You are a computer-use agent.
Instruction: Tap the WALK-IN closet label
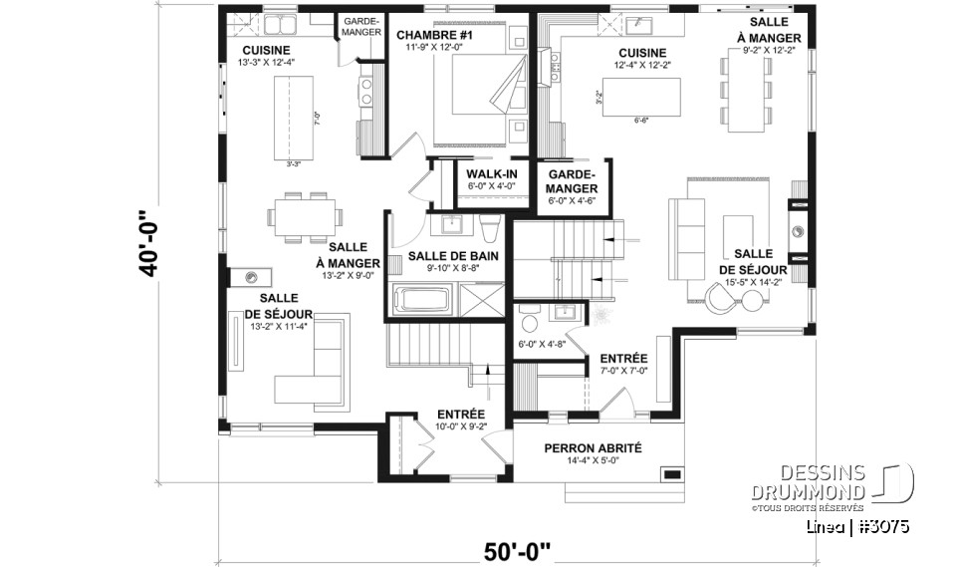tap(491, 174)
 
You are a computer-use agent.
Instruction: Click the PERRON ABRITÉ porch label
tap(593, 448)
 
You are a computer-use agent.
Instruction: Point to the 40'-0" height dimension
tap(149, 244)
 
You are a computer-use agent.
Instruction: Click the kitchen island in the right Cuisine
tap(645, 97)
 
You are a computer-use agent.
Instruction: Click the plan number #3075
tap(880, 526)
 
